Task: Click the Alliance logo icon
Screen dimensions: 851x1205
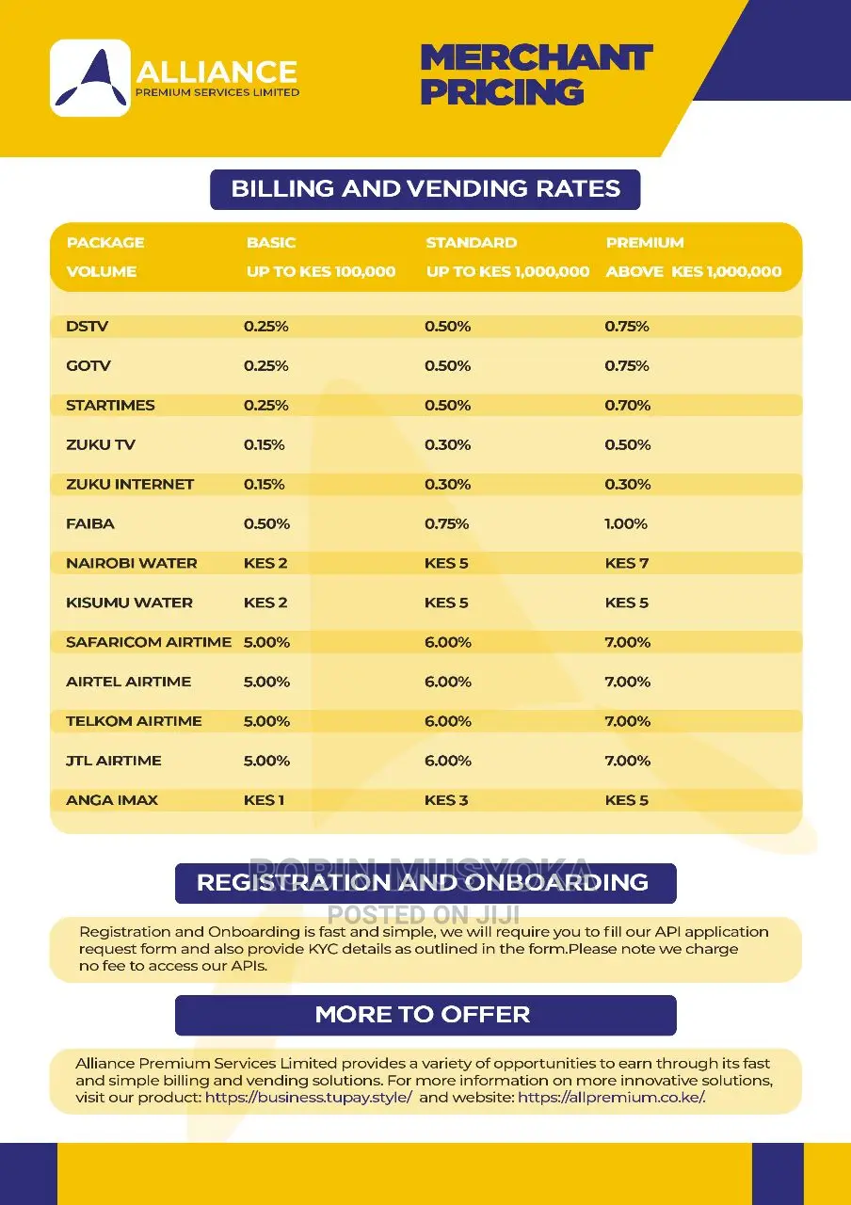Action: pyautogui.click(x=90, y=78)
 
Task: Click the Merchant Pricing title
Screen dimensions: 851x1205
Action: pyautogui.click(x=537, y=74)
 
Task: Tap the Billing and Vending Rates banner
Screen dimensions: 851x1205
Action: pyautogui.click(x=425, y=189)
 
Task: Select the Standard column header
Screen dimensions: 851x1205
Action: pyautogui.click(x=472, y=243)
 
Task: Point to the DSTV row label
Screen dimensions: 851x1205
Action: pyautogui.click(x=88, y=327)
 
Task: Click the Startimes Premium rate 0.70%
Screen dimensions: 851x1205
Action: pyautogui.click(x=627, y=405)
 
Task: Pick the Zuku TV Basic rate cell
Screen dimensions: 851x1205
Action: pyautogui.click(x=265, y=445)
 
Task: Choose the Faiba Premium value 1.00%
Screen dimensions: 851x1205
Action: pyautogui.click(x=626, y=524)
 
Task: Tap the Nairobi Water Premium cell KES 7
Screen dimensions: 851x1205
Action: pyautogui.click(x=627, y=563)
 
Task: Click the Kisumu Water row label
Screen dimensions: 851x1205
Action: pyautogui.click(x=129, y=602)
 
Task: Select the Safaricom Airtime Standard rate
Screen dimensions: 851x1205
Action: pyautogui.click(x=447, y=642)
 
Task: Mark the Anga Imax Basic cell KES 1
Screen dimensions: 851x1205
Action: pyautogui.click(x=264, y=800)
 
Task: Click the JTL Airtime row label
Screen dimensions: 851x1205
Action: pyautogui.click(x=114, y=761)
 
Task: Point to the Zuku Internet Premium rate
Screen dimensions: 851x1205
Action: pyautogui.click(x=627, y=484)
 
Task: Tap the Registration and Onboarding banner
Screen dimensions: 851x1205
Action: pyautogui.click(x=425, y=883)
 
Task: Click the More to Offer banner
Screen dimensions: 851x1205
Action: pyautogui.click(x=425, y=1015)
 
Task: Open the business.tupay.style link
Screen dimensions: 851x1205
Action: pyautogui.click(x=309, y=1097)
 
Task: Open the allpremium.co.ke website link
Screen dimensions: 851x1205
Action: pyautogui.click(x=611, y=1097)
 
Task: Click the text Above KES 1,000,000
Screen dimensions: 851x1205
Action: pyautogui.click(x=694, y=271)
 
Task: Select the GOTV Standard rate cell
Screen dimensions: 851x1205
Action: pyautogui.click(x=447, y=366)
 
